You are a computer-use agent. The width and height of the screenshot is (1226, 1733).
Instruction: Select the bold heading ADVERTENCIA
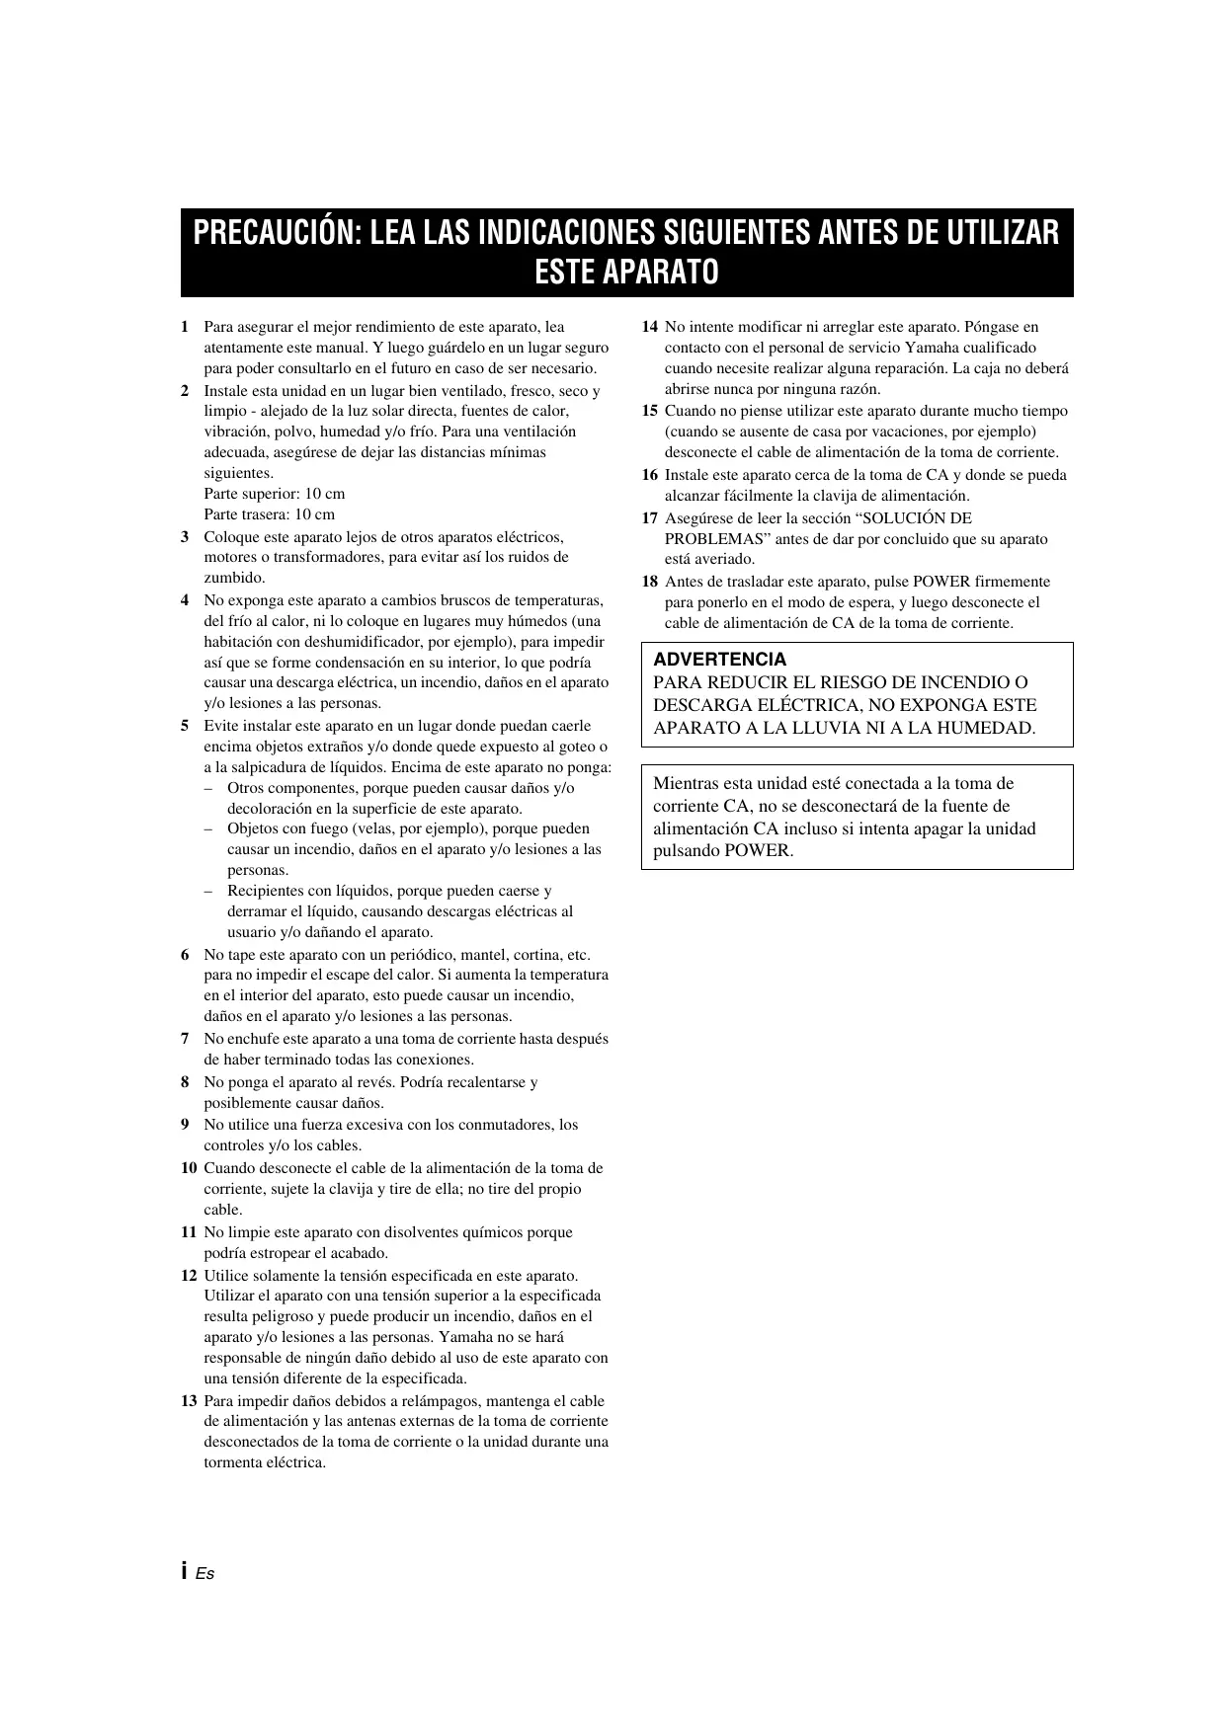pyautogui.click(x=720, y=660)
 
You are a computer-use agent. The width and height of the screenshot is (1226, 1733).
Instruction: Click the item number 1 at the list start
pyautogui.click(x=185, y=327)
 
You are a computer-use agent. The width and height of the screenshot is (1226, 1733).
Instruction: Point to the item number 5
pyautogui.click(x=185, y=726)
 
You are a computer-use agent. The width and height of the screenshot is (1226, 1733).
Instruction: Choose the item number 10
pyautogui.click(x=189, y=1168)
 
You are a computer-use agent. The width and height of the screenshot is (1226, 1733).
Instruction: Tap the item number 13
pyautogui.click(x=189, y=1401)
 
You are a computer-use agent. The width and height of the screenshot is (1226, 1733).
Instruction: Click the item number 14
pyautogui.click(x=650, y=327)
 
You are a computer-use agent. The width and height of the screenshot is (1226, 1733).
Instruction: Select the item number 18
pyautogui.click(x=650, y=582)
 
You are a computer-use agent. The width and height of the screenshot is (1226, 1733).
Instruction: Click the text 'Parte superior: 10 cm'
pyautogui.click(x=275, y=494)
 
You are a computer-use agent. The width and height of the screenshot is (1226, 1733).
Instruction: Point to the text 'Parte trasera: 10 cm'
pyautogui.click(x=269, y=514)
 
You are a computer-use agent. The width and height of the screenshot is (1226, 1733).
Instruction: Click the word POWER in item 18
pyautogui.click(x=941, y=582)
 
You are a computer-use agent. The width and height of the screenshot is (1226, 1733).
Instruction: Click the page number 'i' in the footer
pyautogui.click(x=185, y=1573)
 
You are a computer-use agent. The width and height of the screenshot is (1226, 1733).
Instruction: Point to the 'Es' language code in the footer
pyautogui.click(x=204, y=1574)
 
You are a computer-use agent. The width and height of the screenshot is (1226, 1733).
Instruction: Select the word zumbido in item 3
pyautogui.click(x=234, y=578)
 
